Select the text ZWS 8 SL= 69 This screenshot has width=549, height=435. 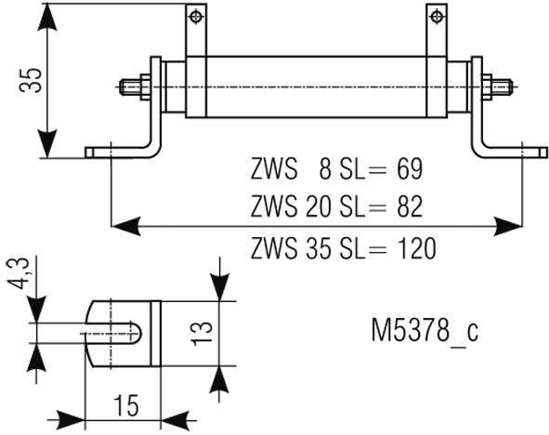[336, 170]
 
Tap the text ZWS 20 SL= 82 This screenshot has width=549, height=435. [336, 206]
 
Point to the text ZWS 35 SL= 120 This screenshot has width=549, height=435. [344, 248]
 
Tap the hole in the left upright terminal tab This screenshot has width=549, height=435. [195, 15]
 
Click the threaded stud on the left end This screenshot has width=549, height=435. [134, 88]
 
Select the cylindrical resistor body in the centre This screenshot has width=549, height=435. [316, 88]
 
